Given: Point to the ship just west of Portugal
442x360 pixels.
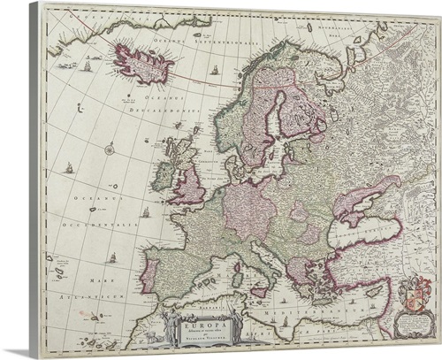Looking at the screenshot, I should [x=112, y=258].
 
